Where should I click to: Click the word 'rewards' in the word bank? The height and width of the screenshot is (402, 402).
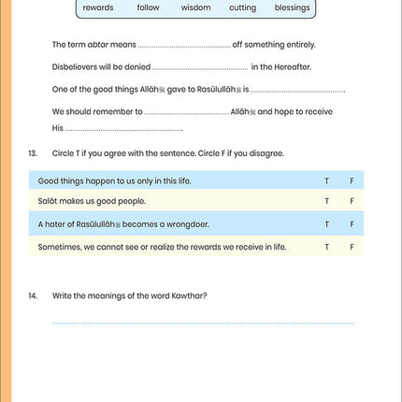point(98,7)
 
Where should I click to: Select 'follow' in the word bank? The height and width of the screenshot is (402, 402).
point(148,7)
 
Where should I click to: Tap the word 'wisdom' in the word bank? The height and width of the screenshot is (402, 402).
point(195,7)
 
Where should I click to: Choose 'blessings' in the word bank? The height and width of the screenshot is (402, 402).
point(292,7)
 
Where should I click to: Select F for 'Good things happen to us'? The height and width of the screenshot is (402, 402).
point(352,179)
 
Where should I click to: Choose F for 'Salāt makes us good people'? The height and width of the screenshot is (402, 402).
point(352,201)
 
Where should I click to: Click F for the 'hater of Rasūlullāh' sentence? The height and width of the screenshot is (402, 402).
point(352,224)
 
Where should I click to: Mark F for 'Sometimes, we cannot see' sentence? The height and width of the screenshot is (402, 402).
point(352,247)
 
